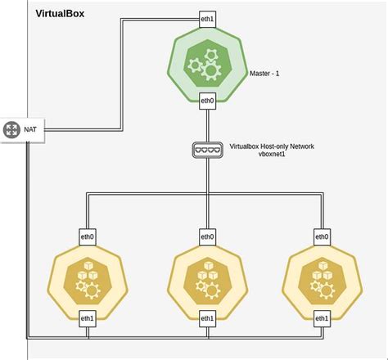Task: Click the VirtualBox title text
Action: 60,14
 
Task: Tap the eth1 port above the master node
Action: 208,17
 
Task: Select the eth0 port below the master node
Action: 208,101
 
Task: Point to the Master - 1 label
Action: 265,73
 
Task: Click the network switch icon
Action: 208,150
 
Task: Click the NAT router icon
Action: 11,128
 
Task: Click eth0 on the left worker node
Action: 88,236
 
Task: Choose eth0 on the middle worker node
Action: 208,236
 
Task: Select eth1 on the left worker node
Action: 88,317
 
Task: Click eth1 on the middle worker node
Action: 208,317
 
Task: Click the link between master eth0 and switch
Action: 208,124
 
